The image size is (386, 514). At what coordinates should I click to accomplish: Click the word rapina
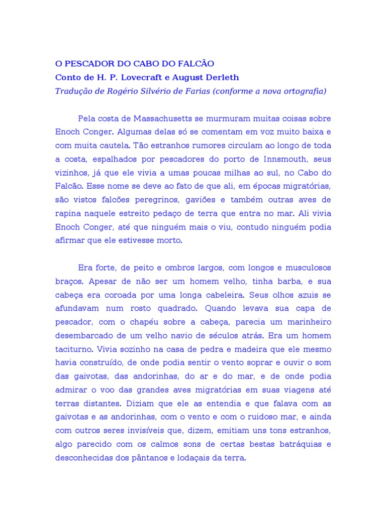67,213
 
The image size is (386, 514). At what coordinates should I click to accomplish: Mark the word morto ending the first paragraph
171,240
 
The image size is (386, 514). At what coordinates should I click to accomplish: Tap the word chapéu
139,322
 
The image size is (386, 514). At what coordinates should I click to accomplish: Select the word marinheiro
306,322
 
